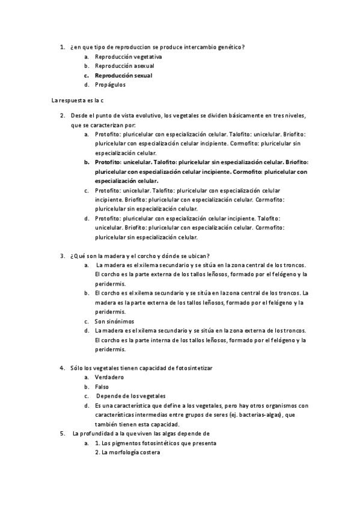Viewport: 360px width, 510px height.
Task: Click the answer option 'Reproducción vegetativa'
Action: (128, 57)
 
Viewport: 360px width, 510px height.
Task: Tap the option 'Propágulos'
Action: (110, 85)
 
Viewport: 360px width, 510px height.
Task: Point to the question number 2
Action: (63, 115)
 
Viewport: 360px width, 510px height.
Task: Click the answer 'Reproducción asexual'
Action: (124, 66)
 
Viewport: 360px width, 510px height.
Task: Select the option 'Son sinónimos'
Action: (114, 321)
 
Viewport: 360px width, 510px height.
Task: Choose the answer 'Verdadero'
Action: (109, 377)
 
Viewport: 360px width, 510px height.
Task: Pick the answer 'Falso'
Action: (102, 387)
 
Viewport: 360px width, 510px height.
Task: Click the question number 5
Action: (63, 433)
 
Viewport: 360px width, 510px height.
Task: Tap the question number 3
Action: (63, 256)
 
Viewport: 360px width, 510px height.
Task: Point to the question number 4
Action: (63, 367)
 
